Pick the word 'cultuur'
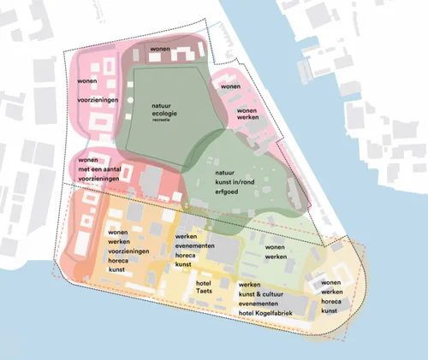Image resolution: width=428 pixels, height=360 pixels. (x=286, y=295)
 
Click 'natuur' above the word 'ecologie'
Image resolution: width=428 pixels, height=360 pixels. (x=165, y=104)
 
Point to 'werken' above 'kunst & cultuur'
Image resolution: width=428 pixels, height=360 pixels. (x=249, y=284)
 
